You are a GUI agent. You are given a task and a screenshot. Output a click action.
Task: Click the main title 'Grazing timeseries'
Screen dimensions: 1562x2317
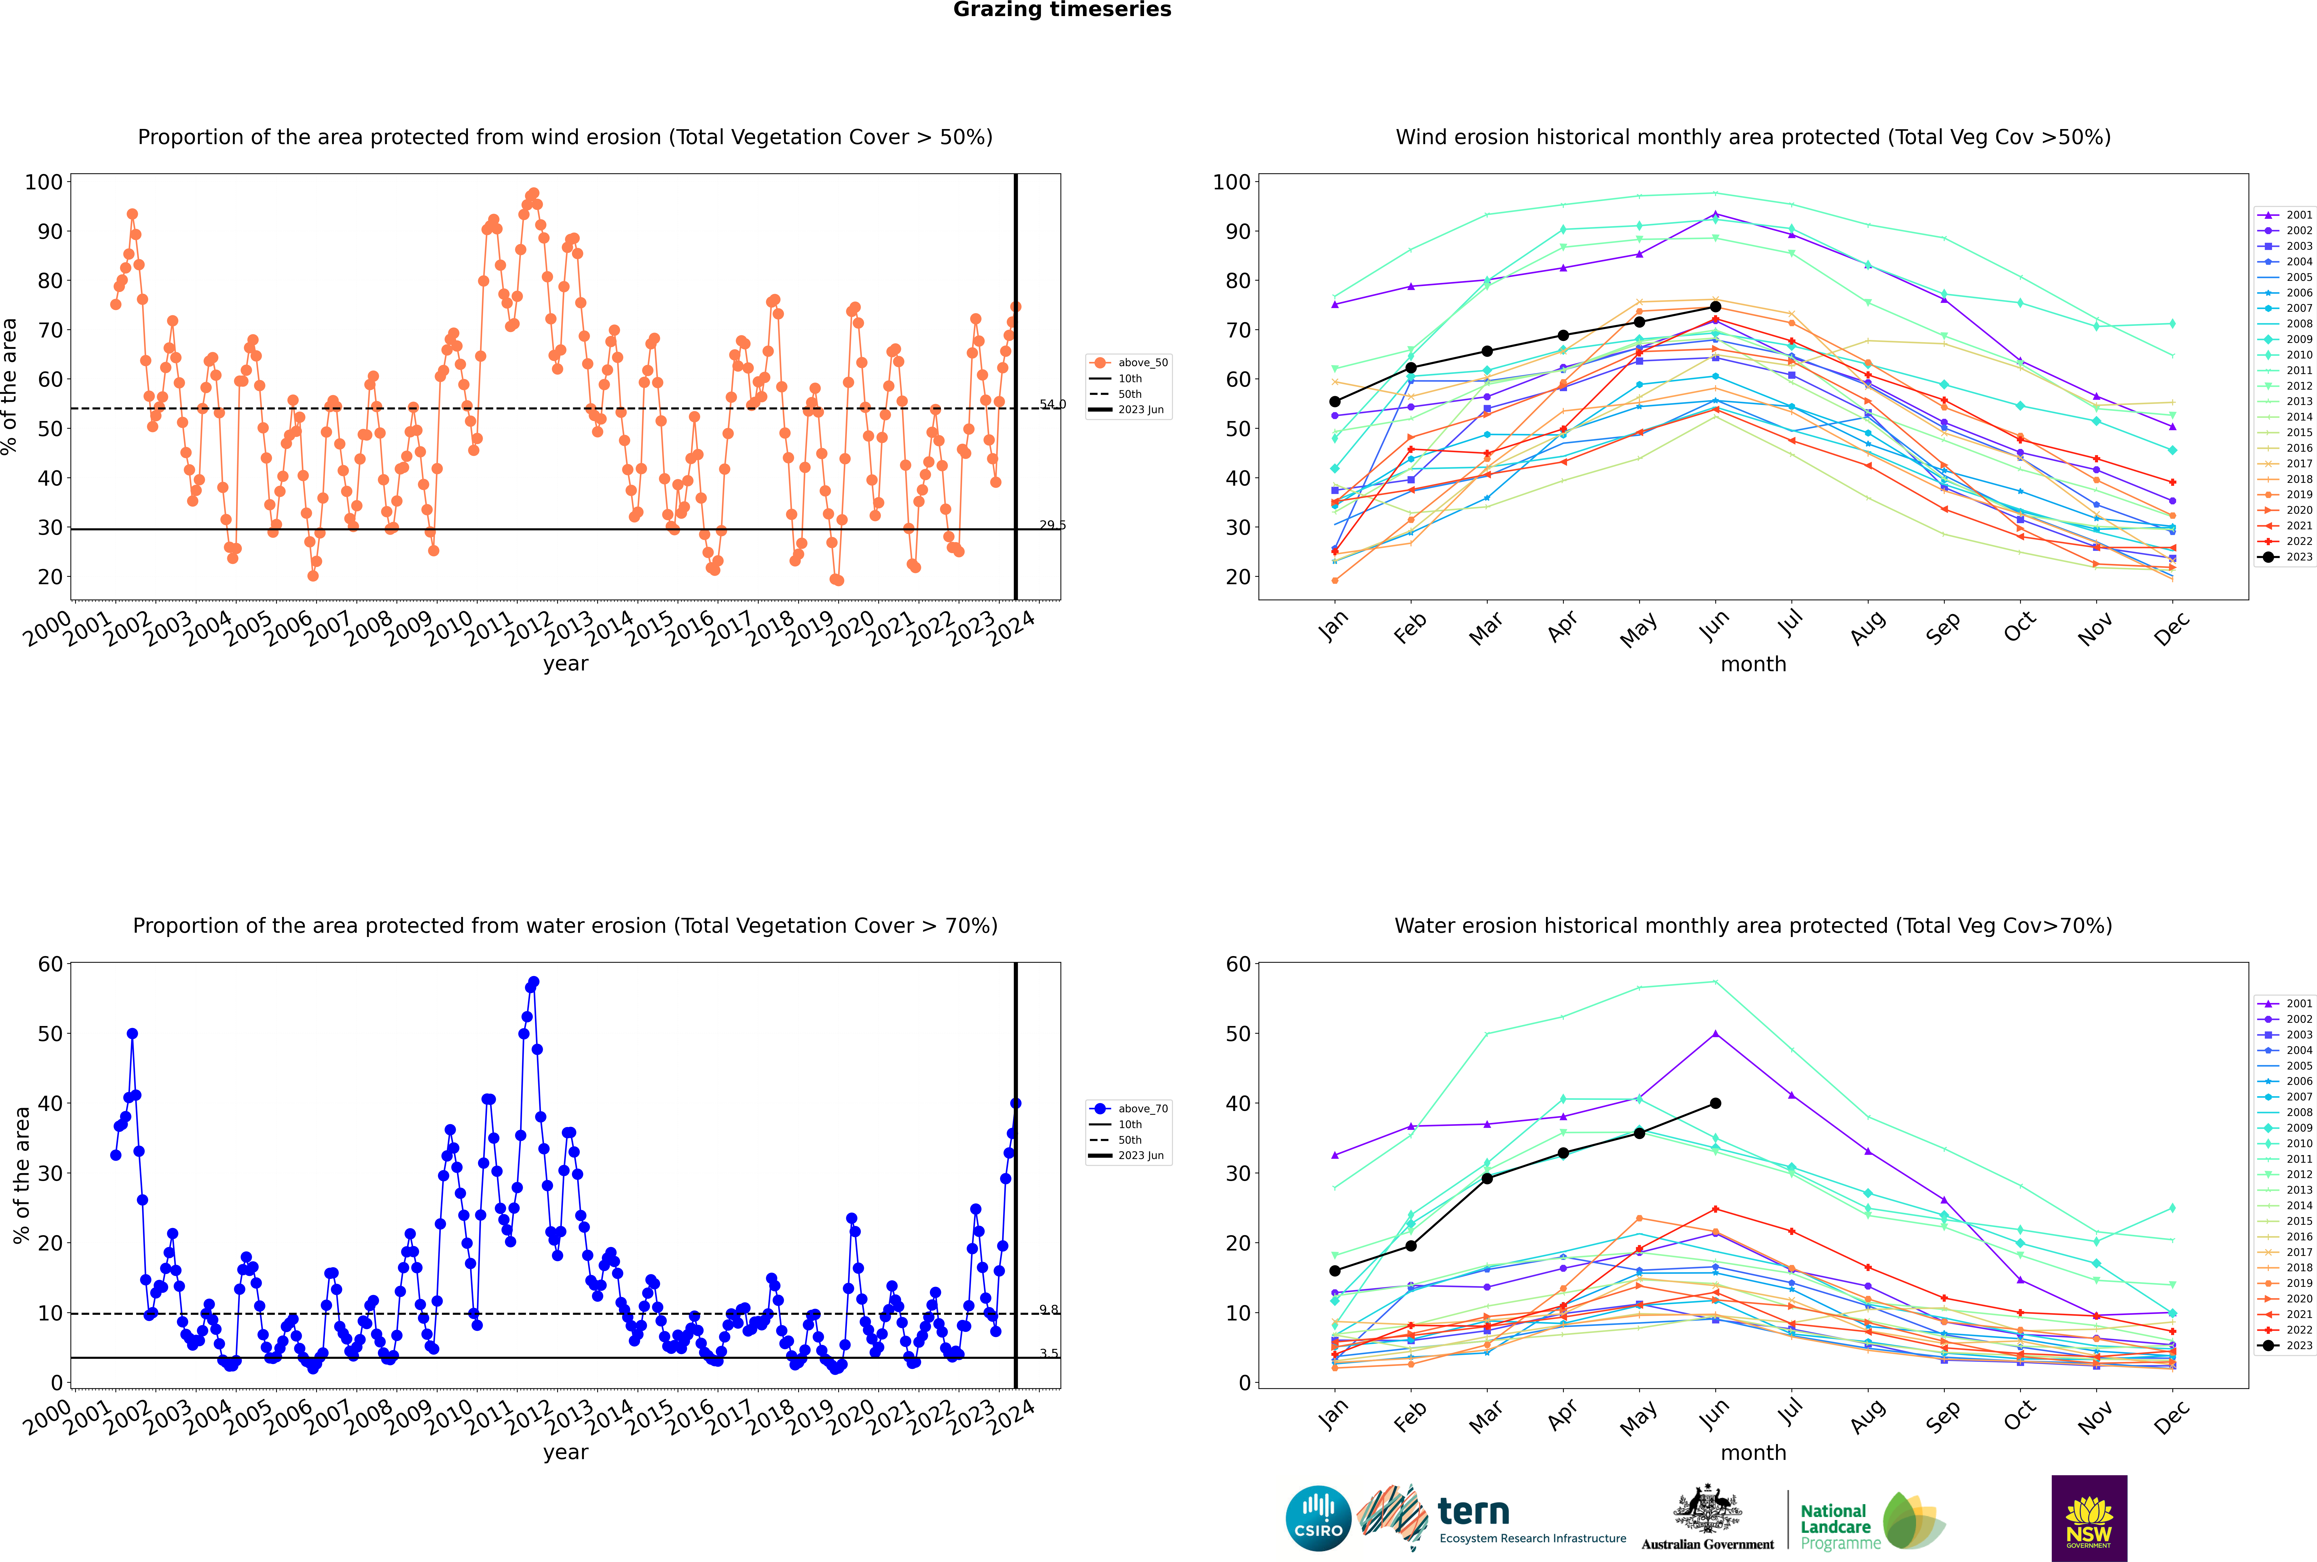[1062, 10]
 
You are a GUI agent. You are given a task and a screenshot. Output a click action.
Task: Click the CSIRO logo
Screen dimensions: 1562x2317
[1318, 1518]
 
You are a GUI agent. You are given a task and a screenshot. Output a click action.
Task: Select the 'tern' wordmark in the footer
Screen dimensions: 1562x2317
[1473, 1512]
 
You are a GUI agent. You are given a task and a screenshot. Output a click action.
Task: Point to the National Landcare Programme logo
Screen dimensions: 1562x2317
[1871, 1521]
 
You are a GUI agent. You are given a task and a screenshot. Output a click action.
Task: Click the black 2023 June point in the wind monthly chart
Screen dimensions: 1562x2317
[1715, 307]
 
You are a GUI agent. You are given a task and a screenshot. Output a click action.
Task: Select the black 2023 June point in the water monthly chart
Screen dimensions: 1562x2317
[1715, 1103]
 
